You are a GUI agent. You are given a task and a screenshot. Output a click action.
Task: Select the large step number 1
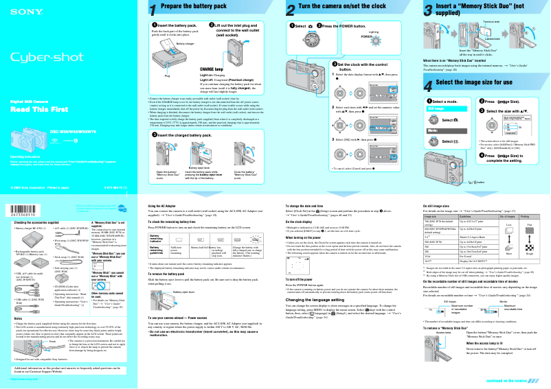(153, 9)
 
